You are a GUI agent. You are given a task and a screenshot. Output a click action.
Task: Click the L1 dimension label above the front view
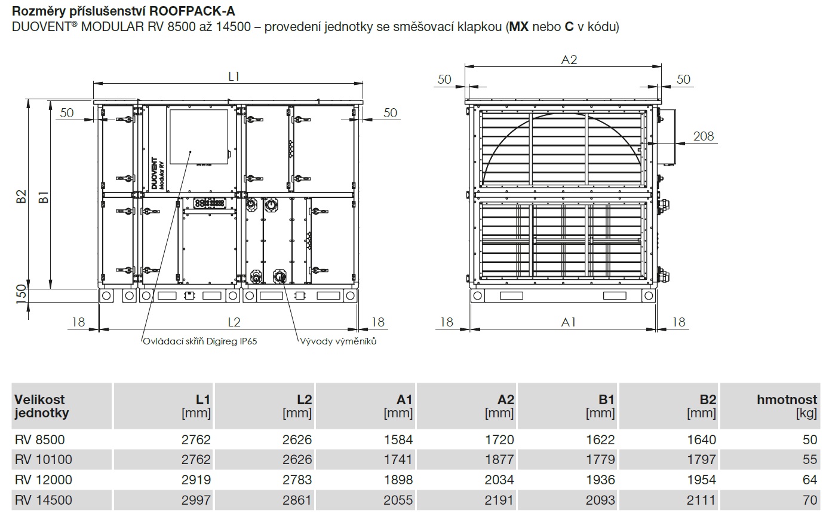[x=234, y=77]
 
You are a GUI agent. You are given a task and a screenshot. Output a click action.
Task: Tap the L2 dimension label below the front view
[x=234, y=322]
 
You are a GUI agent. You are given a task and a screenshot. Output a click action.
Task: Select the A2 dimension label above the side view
[x=569, y=60]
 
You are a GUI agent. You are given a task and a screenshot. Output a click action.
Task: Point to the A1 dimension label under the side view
[x=569, y=322]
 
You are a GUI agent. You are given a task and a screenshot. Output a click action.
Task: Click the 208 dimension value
[x=704, y=136]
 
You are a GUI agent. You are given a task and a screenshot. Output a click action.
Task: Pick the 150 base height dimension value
[x=22, y=294]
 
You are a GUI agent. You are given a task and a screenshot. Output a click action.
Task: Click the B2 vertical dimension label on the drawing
[x=22, y=196]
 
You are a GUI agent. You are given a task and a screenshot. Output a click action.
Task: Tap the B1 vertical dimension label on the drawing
[x=44, y=197]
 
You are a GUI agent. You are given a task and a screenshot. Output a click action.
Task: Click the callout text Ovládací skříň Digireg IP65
[x=200, y=341]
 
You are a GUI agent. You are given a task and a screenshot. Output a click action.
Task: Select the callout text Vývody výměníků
[x=338, y=341]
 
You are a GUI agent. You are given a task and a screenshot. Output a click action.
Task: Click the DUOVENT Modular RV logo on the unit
[x=158, y=173]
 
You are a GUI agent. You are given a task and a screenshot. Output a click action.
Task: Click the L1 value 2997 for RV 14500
[x=196, y=500]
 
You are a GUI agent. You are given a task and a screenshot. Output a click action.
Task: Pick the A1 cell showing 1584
[x=398, y=439]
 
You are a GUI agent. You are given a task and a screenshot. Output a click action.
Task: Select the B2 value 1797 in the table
[x=701, y=459]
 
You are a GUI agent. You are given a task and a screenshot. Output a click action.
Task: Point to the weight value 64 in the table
[x=810, y=480]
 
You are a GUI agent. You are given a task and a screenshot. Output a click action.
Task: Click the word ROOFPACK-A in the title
[x=192, y=11]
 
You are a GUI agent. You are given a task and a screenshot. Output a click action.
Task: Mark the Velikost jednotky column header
[x=41, y=406]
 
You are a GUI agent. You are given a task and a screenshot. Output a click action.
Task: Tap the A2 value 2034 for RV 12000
[x=499, y=480]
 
